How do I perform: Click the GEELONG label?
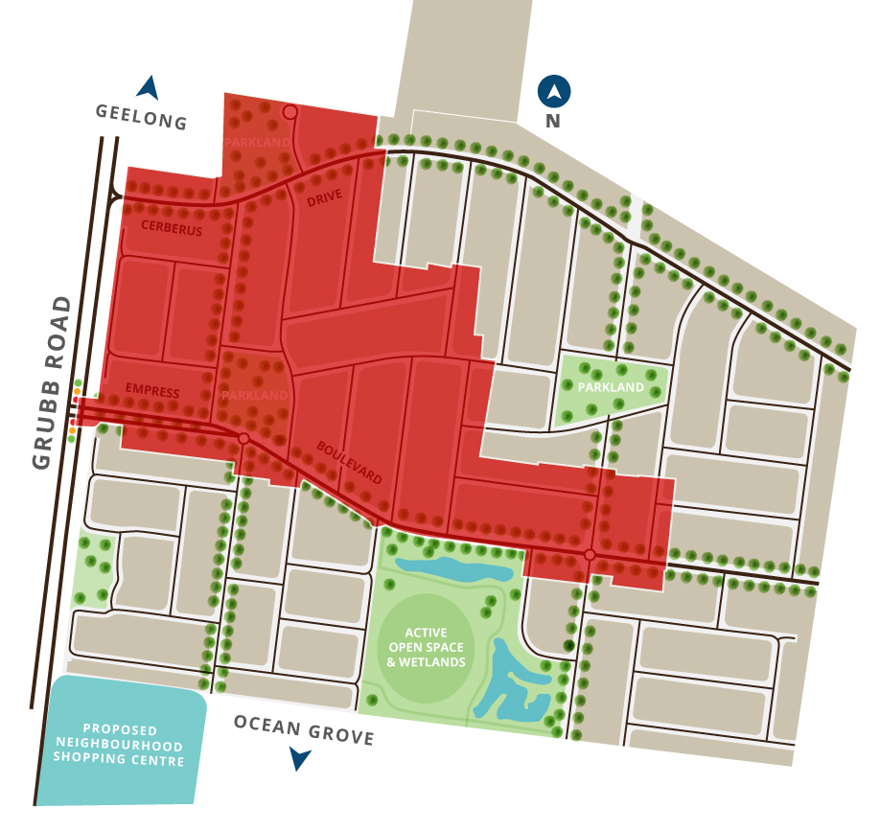(140, 117)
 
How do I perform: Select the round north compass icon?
(554, 92)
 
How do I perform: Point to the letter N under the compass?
(553, 122)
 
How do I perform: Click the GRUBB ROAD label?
(53, 382)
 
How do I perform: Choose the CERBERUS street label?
(172, 228)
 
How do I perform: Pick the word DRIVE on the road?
(324, 198)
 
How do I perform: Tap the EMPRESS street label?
(152, 391)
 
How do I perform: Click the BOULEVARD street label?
(350, 462)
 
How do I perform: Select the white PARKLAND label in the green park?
(612, 387)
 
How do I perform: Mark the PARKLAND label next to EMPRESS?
(255, 395)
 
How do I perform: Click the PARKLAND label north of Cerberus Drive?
(257, 143)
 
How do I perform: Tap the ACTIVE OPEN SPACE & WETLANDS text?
(434, 648)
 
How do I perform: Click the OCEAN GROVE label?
(304, 729)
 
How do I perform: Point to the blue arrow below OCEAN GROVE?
(300, 759)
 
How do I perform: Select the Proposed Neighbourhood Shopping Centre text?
(119, 745)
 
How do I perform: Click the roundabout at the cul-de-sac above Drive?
(289, 112)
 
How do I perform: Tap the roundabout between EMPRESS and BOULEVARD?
(243, 438)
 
